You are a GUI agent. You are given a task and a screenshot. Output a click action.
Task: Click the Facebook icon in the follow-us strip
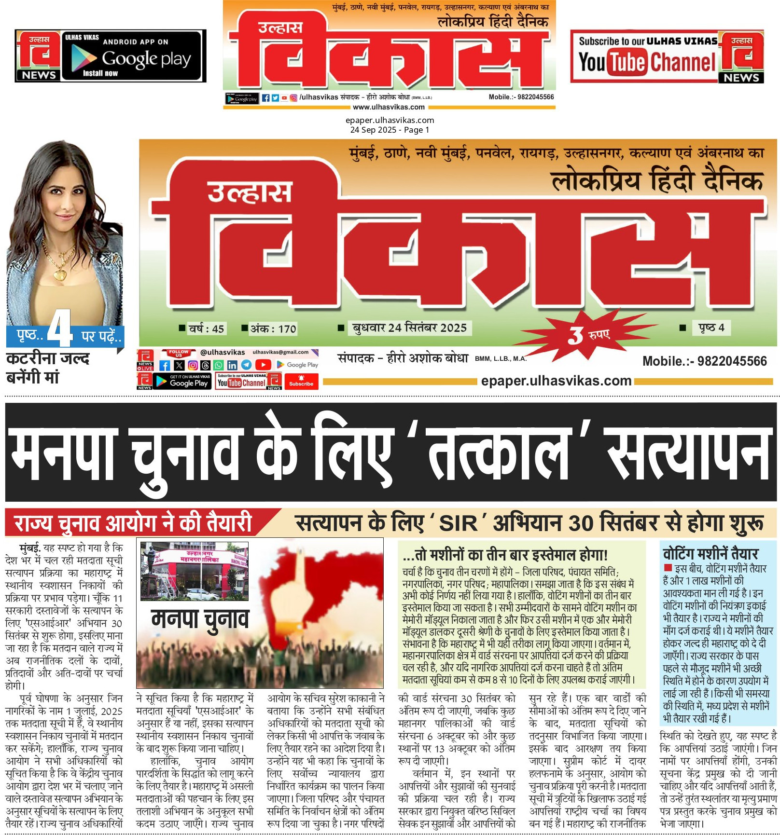pyautogui.click(x=165, y=365)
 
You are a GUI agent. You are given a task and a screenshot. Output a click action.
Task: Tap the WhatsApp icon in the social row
pyautogui.click(x=219, y=365)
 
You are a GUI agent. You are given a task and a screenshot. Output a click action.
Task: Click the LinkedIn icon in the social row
pyautogui.click(x=232, y=365)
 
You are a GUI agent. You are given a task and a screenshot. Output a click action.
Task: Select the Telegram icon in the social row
pyautogui.click(x=246, y=365)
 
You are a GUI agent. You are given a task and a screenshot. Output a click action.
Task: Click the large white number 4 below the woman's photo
pyautogui.click(x=60, y=328)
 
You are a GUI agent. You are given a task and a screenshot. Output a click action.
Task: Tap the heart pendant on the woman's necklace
pyautogui.click(x=60, y=274)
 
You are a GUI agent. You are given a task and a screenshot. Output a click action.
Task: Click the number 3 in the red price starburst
pyautogui.click(x=575, y=335)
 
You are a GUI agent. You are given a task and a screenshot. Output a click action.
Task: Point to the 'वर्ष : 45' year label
pyautogui.click(x=203, y=329)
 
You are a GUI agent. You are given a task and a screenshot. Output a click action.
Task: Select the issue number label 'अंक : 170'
pyautogui.click(x=270, y=329)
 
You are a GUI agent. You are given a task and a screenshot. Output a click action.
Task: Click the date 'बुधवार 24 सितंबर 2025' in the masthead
pyautogui.click(x=409, y=328)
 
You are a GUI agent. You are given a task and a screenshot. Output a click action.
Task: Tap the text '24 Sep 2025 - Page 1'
pyautogui.click(x=390, y=130)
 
